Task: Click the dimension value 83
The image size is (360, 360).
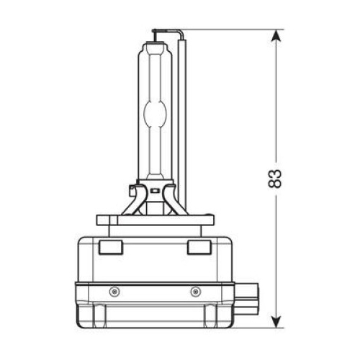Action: [274, 179]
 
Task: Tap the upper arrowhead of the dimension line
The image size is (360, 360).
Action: [276, 37]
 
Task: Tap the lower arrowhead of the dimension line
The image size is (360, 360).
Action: [276, 320]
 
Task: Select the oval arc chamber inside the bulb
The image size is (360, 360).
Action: [155, 113]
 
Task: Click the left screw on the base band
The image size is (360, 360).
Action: [114, 292]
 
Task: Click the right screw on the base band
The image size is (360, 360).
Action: [196, 292]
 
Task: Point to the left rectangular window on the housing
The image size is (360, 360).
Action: [111, 247]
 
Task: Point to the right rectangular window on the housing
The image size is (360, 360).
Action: [199, 247]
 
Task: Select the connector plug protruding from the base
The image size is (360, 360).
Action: [246, 298]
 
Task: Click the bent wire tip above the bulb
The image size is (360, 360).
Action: [168, 32]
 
